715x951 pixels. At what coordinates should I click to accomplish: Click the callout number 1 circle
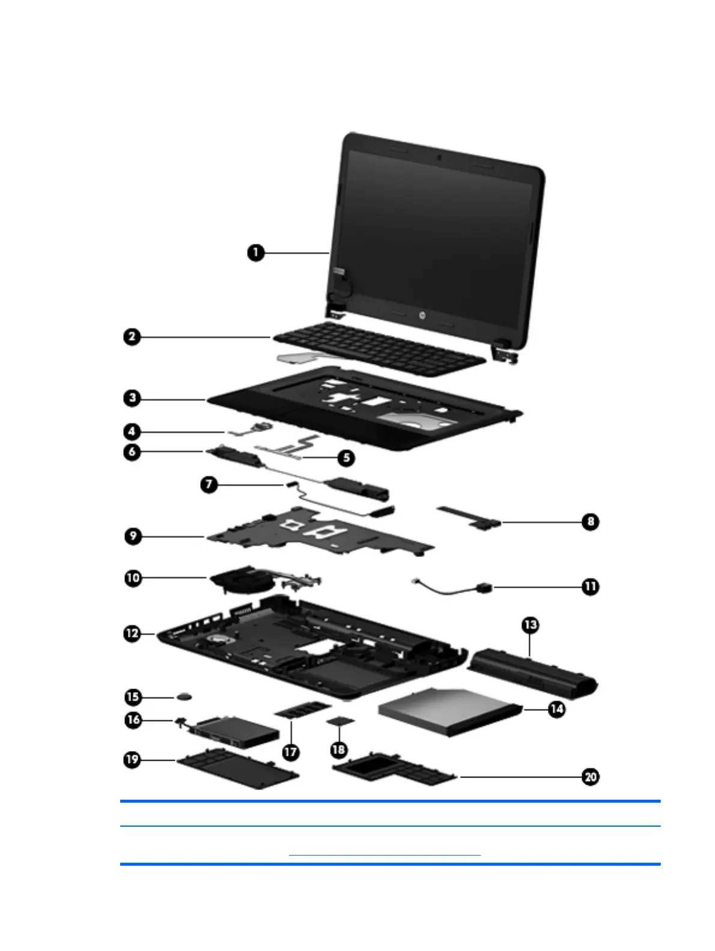[256, 253]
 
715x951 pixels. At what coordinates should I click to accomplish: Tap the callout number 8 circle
[591, 521]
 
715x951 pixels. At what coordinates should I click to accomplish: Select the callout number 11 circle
[591, 586]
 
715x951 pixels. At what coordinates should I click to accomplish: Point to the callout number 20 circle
[591, 777]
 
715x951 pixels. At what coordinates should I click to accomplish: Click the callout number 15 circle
[133, 697]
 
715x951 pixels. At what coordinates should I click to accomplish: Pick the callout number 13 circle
[531, 625]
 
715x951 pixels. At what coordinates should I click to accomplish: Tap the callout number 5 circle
[345, 458]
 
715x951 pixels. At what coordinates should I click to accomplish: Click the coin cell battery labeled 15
[185, 696]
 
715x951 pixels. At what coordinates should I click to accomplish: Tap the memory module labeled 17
[303, 711]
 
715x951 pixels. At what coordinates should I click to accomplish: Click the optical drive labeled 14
[448, 711]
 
